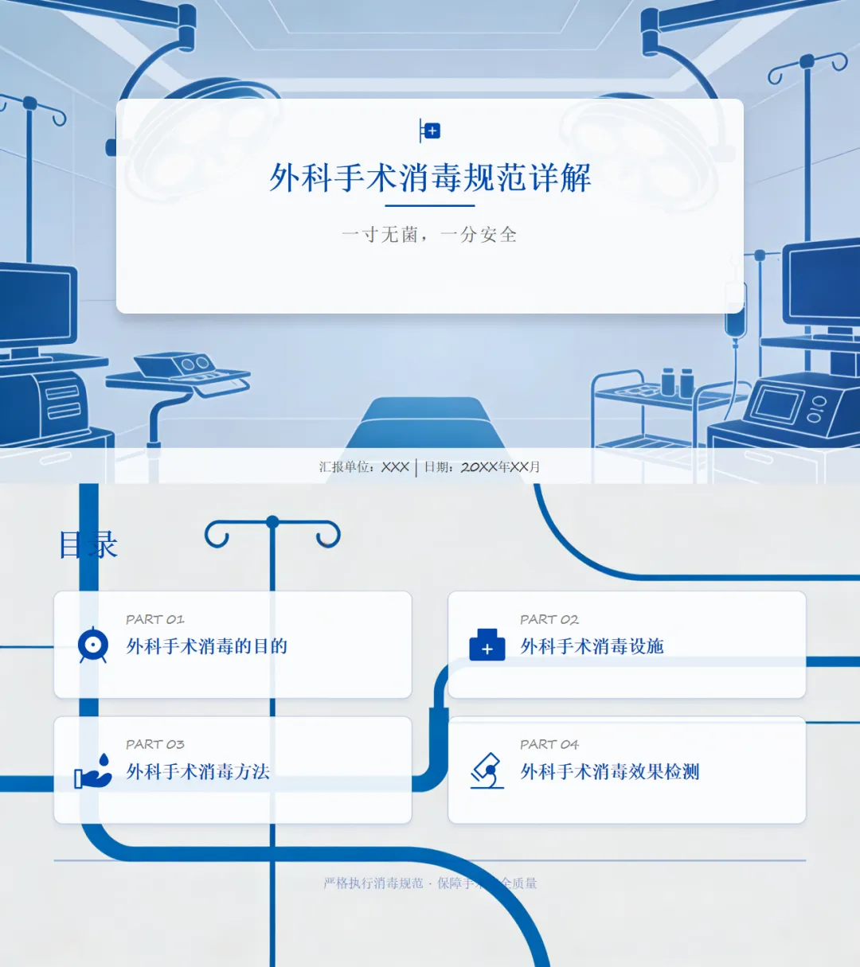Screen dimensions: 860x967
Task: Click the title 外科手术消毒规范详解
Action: click(x=430, y=177)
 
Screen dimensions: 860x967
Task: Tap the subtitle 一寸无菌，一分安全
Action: click(x=429, y=235)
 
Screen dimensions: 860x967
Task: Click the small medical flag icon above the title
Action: click(x=429, y=131)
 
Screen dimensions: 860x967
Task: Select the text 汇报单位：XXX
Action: click(x=364, y=467)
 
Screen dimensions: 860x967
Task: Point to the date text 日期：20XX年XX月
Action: click(x=482, y=467)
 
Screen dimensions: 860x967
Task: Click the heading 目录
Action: click(x=88, y=545)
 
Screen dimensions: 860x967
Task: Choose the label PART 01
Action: click(x=154, y=619)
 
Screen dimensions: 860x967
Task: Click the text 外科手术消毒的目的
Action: click(x=207, y=646)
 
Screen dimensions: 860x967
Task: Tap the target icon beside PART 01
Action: click(x=93, y=645)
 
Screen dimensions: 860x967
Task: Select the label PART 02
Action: click(x=549, y=619)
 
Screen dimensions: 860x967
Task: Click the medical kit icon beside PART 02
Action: click(x=487, y=645)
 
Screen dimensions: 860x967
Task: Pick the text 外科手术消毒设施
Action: click(x=592, y=646)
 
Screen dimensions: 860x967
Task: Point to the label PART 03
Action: click(x=154, y=744)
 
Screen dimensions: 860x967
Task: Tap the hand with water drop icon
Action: click(x=93, y=770)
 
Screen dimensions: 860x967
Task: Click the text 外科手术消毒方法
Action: click(x=198, y=771)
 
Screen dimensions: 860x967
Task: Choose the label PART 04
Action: click(x=549, y=744)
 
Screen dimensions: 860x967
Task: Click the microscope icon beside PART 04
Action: click(x=487, y=770)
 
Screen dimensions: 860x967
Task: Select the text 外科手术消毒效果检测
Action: click(x=610, y=771)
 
